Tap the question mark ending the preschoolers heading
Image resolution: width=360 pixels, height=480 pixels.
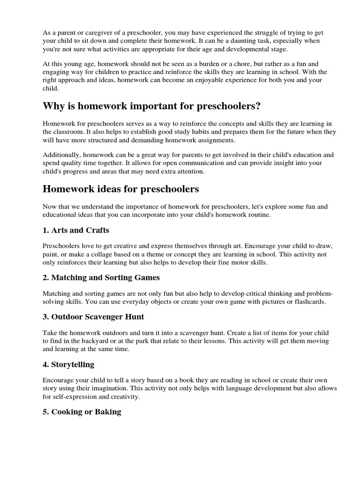click(x=258, y=106)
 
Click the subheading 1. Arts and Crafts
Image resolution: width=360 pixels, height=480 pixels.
click(x=76, y=231)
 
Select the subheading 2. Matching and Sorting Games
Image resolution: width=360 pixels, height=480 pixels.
click(x=101, y=277)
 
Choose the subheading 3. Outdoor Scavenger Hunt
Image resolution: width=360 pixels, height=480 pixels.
click(x=93, y=317)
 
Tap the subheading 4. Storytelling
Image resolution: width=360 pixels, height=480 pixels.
click(x=68, y=364)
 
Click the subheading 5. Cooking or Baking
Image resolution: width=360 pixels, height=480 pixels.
click(x=82, y=412)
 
